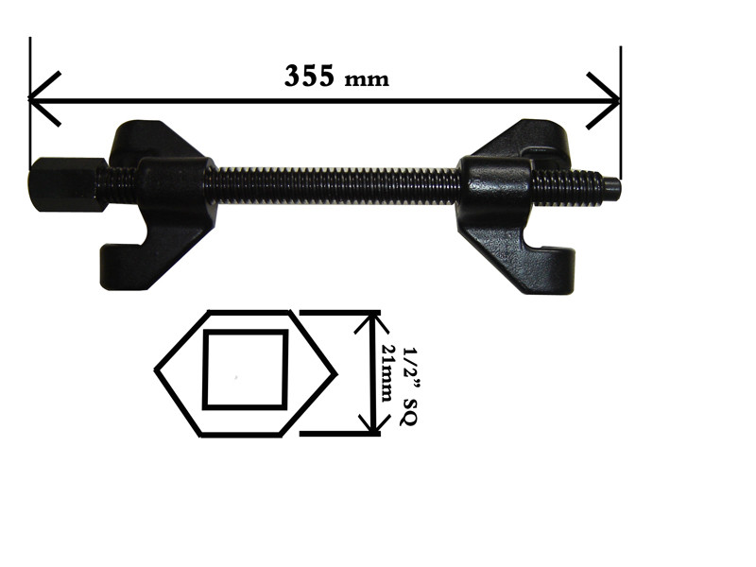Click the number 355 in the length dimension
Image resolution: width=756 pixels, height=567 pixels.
tap(309, 76)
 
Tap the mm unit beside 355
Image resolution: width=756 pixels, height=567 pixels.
tap(367, 79)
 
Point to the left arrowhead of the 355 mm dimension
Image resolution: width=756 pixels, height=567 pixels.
tap(44, 99)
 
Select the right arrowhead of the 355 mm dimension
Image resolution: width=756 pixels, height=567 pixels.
tap(603, 101)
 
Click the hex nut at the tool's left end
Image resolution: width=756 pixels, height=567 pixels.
tap(67, 184)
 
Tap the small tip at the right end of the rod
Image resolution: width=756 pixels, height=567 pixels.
tap(612, 189)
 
